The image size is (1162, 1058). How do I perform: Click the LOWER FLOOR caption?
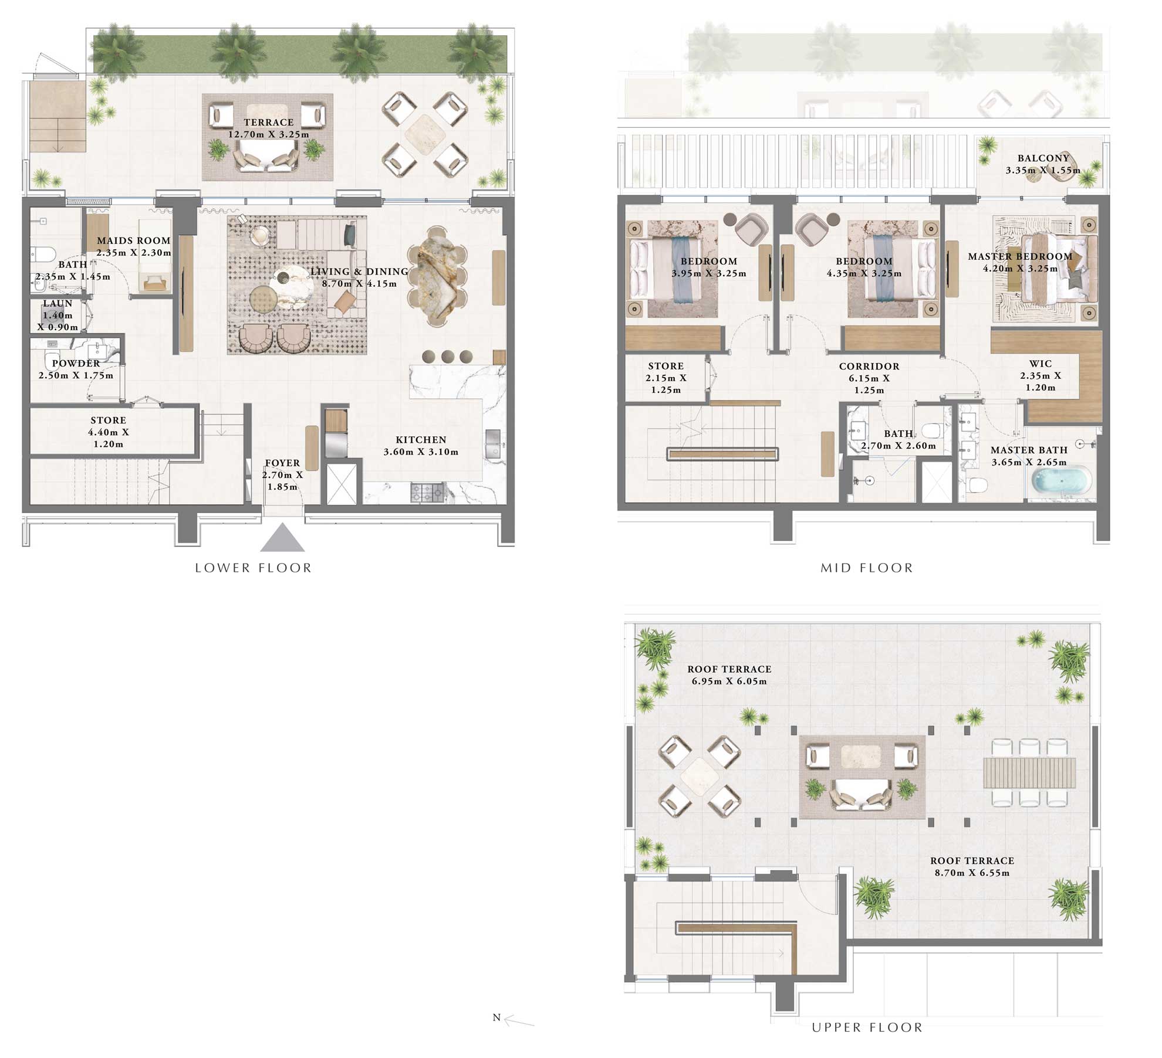coord(253,568)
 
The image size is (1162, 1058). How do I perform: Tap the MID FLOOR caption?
coord(866,568)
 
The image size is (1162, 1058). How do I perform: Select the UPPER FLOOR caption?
coord(867,1027)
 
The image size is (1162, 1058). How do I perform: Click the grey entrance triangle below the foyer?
coord(282,539)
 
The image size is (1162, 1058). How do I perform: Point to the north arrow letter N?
coord(496,1018)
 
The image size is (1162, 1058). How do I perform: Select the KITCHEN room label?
coord(421,440)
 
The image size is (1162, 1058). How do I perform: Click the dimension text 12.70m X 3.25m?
coord(268,134)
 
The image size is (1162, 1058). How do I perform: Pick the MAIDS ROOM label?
coord(134,240)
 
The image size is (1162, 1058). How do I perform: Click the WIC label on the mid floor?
coord(1040,364)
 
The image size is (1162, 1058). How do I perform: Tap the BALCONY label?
coord(1043,158)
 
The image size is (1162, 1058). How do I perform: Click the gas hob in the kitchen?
coord(427,493)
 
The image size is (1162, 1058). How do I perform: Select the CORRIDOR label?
coord(869,367)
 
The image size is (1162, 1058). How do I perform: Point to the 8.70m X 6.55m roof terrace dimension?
coord(972,873)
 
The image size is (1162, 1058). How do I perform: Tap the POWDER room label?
coord(76,364)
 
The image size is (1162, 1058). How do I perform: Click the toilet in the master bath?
coord(978,484)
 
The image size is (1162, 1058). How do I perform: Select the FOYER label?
coord(282,463)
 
